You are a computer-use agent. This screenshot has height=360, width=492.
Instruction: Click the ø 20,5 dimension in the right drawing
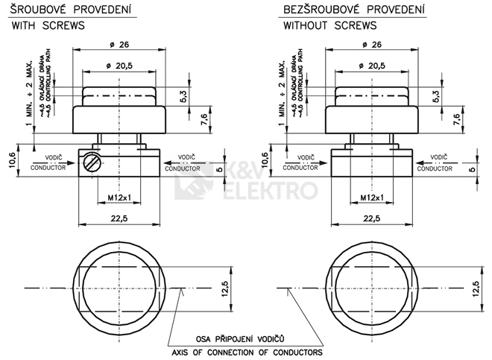pyautogui.click(x=370, y=66)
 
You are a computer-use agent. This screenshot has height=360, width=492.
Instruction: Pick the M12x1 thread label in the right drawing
pyautogui.click(x=372, y=197)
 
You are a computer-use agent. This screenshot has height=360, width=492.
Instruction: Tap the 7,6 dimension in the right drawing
pyautogui.click(x=455, y=118)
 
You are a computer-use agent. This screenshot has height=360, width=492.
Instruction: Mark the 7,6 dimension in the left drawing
pyautogui.click(x=203, y=118)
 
